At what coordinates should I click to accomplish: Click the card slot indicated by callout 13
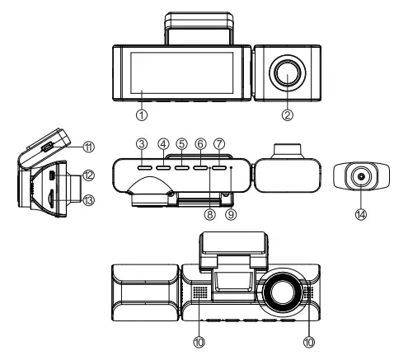pyautogui.click(x=53, y=199)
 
